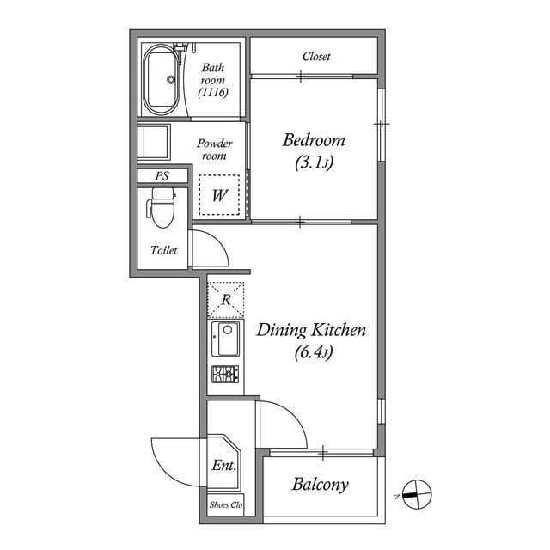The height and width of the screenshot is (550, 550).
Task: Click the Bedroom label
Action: (314, 140)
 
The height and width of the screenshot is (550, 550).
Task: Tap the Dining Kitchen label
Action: (311, 330)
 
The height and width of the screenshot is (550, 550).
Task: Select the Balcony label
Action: (320, 485)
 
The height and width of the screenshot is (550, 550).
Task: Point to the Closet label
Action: (316, 56)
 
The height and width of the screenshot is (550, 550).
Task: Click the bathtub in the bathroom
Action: (162, 80)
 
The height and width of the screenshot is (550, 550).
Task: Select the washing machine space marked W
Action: (219, 195)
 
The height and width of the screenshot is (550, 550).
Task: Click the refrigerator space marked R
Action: (226, 300)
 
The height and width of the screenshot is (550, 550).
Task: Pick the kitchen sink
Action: (225, 339)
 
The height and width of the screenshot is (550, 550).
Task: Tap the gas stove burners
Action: (225, 374)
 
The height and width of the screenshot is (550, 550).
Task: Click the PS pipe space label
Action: (162, 175)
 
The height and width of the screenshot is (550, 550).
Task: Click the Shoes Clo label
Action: (226, 504)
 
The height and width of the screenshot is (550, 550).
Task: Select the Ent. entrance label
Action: (223, 466)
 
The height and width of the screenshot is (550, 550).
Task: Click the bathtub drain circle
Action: (171, 80)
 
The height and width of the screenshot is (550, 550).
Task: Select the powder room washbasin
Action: (154, 142)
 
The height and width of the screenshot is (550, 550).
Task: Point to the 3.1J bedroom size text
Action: (314, 162)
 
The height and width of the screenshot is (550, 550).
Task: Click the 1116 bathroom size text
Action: (213, 92)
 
